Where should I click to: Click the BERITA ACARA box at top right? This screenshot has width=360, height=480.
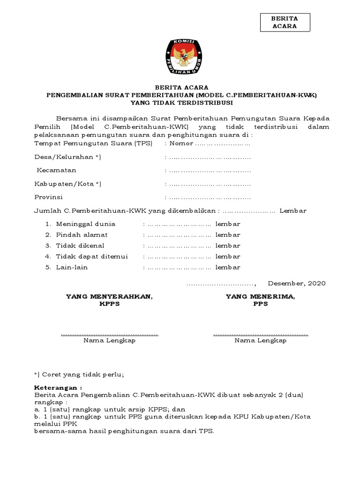pyautogui.click(x=285, y=22)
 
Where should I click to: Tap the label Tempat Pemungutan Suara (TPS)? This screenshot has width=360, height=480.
pyautogui.click(x=93, y=143)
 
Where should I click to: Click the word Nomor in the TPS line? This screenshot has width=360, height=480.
pyautogui.click(x=181, y=143)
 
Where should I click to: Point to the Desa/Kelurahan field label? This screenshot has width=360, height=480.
pyautogui.click(x=67, y=157)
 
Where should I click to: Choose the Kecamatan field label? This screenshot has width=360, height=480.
pyautogui.click(x=57, y=170)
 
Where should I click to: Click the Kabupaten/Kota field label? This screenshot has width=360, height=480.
pyautogui.click(x=67, y=183)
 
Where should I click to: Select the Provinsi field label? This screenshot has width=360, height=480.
pyautogui.click(x=49, y=197)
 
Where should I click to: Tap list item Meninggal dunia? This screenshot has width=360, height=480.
pyautogui.click(x=86, y=224)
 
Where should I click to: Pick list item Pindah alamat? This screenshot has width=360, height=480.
pyautogui.click(x=82, y=234)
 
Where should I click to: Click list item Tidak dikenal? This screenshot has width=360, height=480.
pyautogui.click(x=80, y=246)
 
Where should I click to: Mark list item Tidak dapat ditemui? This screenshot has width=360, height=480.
pyautogui.click(x=92, y=256)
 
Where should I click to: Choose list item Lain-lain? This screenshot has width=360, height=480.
pyautogui.click(x=72, y=267)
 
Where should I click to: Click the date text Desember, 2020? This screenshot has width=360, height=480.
pyautogui.click(x=296, y=283)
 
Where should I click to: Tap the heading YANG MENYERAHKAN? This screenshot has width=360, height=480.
pyautogui.click(x=109, y=296)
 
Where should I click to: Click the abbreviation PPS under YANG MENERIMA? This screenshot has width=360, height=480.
pyautogui.click(x=260, y=304)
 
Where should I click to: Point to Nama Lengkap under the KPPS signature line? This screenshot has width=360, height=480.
pyautogui.click(x=109, y=340)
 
